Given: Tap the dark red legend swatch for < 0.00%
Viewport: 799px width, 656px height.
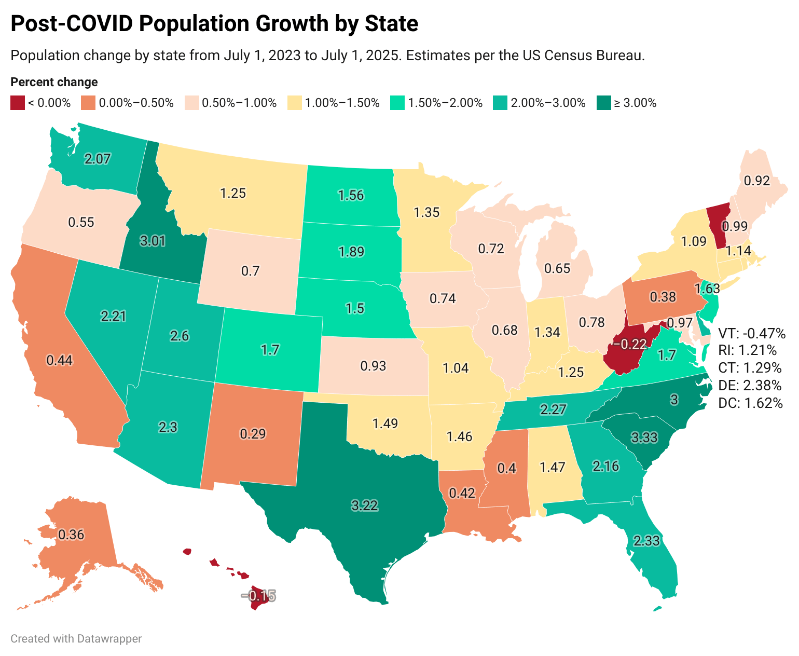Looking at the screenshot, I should pos(18,103).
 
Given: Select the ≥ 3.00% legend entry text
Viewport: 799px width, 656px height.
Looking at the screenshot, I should pos(636,103).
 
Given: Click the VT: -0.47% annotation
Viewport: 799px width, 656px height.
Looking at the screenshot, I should pos(752,333).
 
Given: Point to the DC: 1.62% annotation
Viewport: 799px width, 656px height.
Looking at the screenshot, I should pos(750,403).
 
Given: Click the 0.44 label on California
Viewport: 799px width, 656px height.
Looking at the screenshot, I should pos(59,360).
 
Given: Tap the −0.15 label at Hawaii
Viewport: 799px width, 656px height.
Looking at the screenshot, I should pos(258,595).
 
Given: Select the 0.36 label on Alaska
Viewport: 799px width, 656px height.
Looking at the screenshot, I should pos(71,535).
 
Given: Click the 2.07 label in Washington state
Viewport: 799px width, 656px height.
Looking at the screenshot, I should pos(98,159).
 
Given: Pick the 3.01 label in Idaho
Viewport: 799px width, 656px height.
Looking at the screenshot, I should pos(153,241).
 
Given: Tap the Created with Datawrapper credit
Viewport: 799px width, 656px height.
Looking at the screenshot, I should pos(76,638).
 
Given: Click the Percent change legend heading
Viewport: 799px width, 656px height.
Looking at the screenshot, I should pos(54,82).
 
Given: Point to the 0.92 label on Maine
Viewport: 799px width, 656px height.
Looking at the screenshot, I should pos(757,181).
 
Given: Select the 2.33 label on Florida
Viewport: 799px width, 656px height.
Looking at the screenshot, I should pos(646,540).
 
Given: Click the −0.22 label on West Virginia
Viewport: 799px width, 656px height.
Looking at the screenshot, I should pos(630,344).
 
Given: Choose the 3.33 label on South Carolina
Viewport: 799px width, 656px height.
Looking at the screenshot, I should pos(644,438).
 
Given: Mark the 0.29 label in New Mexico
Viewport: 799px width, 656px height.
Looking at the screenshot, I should pos(253,434).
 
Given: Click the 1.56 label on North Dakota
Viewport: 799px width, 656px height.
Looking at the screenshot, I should pos(351,195).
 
